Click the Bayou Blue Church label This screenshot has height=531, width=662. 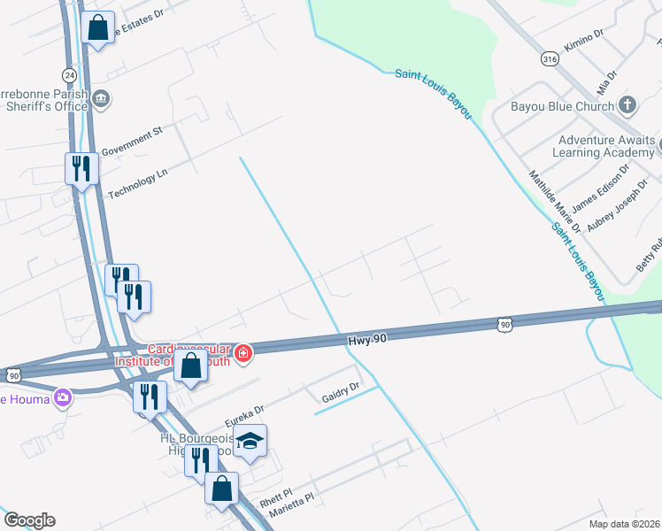click(x=562, y=107)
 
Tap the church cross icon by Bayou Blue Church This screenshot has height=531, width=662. click(x=627, y=106)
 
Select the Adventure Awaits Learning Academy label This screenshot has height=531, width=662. click(x=606, y=146)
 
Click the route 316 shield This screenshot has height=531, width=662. click(x=550, y=58)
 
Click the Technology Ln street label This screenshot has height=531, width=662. click(x=137, y=184)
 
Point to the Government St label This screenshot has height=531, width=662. click(x=132, y=141)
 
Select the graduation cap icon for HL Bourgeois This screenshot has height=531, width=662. click(x=250, y=442)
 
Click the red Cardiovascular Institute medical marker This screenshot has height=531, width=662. click(x=243, y=355)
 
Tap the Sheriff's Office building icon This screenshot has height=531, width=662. click(x=101, y=97)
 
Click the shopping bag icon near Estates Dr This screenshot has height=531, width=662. click(x=97, y=27)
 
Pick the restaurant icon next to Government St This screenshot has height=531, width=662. click(x=81, y=167)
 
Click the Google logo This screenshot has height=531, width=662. click(x=29, y=520)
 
